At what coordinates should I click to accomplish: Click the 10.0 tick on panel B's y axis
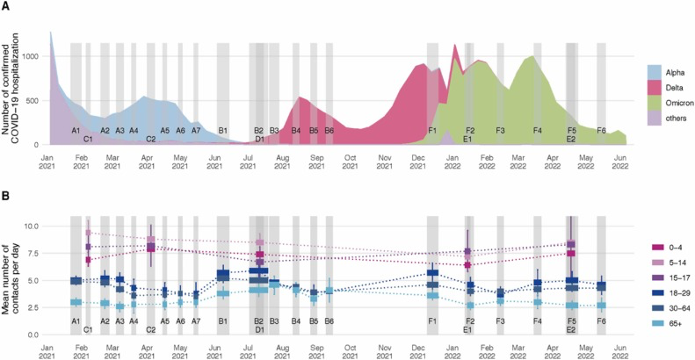(x=31, y=227)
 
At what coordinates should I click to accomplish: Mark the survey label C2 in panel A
(x=151, y=139)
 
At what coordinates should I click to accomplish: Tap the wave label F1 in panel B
(x=432, y=321)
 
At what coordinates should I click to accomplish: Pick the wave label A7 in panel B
(x=196, y=321)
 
